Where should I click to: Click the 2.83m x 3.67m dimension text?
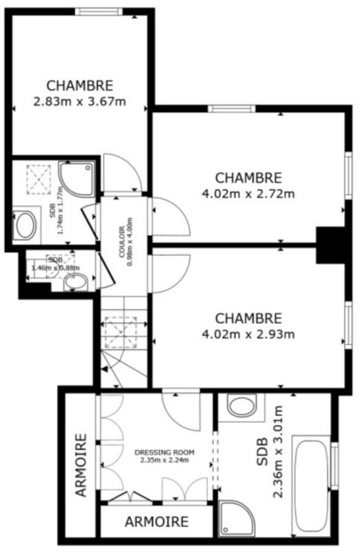(79, 101)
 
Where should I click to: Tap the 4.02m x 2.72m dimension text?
(248, 194)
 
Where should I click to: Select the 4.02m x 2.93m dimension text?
(248, 334)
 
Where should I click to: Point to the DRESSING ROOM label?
(165, 453)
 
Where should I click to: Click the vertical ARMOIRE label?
(81, 464)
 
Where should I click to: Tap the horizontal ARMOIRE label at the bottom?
(157, 522)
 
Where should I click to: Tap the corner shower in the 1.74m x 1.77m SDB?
(77, 179)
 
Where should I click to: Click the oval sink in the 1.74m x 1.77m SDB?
(26, 226)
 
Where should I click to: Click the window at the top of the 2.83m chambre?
(99, 12)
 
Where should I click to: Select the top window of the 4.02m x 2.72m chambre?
(232, 108)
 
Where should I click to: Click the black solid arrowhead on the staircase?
(105, 369)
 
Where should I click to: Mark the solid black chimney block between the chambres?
(331, 245)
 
